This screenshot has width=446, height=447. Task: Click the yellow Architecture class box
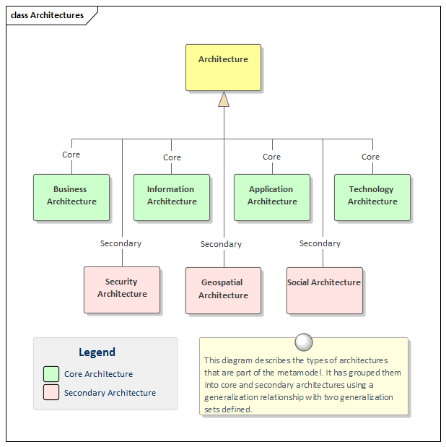click(x=223, y=67)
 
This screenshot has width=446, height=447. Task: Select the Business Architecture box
click(x=71, y=196)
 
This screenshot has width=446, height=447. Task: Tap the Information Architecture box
click(x=171, y=196)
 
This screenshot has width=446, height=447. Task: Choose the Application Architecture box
click(x=271, y=196)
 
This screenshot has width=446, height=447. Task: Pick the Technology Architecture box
click(x=372, y=196)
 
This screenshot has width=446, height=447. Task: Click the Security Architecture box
click(x=122, y=289)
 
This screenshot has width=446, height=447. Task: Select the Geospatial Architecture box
click(x=223, y=290)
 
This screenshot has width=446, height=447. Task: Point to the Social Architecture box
click(x=324, y=290)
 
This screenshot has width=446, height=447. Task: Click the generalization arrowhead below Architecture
click(x=224, y=99)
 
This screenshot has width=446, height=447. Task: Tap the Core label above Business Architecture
click(x=71, y=155)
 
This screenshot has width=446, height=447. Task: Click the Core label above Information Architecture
click(x=172, y=157)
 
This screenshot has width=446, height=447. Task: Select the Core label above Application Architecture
click(x=271, y=157)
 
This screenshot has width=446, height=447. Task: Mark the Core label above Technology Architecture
click(x=370, y=157)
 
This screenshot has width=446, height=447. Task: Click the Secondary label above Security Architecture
click(x=121, y=243)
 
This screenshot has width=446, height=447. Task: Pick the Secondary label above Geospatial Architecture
click(x=221, y=244)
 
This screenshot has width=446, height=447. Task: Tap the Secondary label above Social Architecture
click(x=320, y=243)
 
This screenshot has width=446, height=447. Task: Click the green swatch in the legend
click(x=51, y=374)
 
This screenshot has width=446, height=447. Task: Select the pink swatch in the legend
click(x=51, y=393)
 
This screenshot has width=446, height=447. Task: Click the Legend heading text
click(x=97, y=352)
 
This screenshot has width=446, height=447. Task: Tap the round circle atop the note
click(x=304, y=342)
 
